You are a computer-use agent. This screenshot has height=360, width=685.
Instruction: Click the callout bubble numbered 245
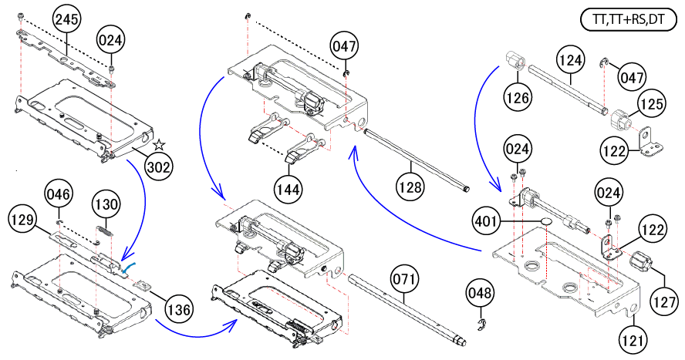pyautogui.click(x=67, y=22)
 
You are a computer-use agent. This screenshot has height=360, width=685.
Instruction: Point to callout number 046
pyautogui.click(x=59, y=196)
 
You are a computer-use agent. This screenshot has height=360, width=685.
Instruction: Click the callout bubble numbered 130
pyautogui.click(x=106, y=205)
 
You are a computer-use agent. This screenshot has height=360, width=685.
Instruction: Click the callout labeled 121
pyautogui.click(x=633, y=337)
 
